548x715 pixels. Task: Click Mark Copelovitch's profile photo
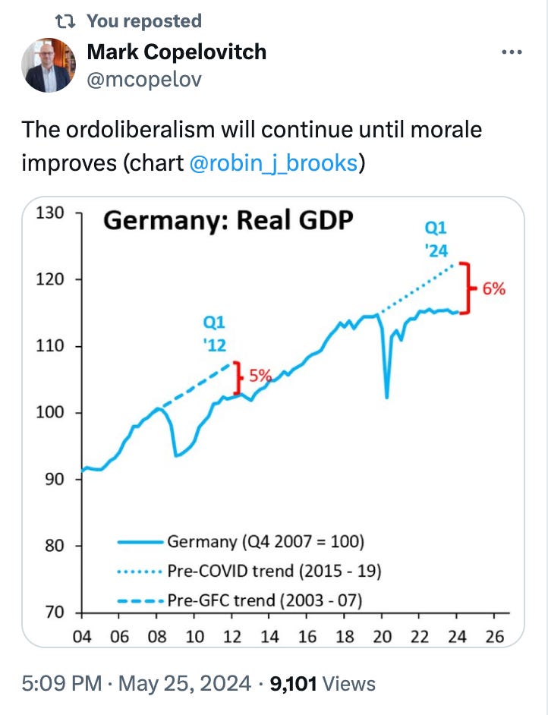coord(48,65)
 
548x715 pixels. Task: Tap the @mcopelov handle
coord(144,79)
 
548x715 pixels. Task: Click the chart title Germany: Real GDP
coord(228,221)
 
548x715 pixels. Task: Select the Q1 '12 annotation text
coord(215,333)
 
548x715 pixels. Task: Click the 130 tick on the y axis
coord(52,213)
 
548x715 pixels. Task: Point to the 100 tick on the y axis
coord(52,413)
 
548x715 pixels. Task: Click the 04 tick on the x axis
coord(82,636)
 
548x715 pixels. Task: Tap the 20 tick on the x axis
coord(382,636)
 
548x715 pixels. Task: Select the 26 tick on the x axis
coord(494,636)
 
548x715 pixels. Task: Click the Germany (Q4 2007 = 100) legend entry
coord(265,542)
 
